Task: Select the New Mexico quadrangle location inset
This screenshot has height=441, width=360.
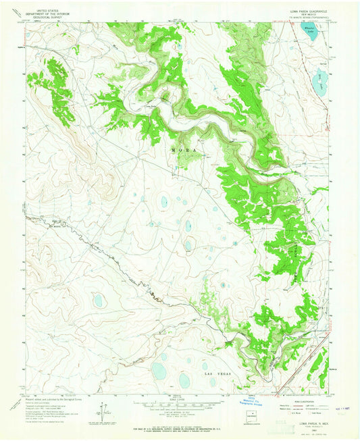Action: [253, 415]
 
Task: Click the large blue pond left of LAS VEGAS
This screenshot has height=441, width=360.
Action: [159, 370]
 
